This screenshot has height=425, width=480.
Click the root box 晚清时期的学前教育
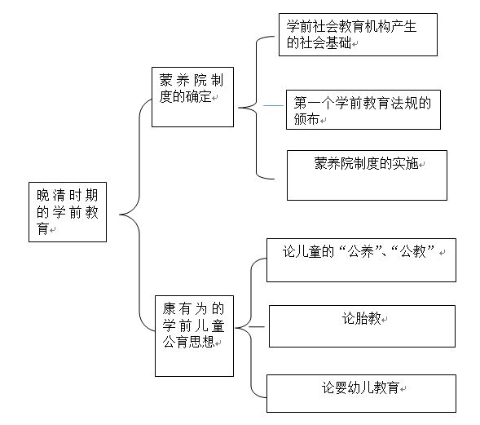pyautogui.click(x=68, y=212)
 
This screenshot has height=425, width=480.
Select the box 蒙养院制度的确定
pyautogui.click(x=192, y=97)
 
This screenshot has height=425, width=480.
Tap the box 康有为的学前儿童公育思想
pyautogui.click(x=194, y=336)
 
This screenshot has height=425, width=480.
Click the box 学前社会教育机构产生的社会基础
pyautogui.click(x=358, y=34)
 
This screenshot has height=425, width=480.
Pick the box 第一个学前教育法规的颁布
pyautogui.click(x=363, y=109)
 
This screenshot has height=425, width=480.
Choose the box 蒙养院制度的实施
pyautogui.click(x=367, y=175)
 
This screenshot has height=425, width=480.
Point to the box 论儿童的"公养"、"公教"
pyautogui.click(x=361, y=260)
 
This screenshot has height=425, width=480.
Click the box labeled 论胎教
pyautogui.click(x=362, y=326)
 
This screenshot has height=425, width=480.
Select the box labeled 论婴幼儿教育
pyautogui.click(x=361, y=393)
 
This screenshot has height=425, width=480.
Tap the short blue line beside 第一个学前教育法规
pyautogui.click(x=273, y=105)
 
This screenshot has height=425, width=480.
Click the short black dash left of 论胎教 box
pyautogui.click(x=257, y=326)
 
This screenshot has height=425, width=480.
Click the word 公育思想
pyautogui.click(x=188, y=342)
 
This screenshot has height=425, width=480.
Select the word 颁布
pyautogui.click(x=306, y=119)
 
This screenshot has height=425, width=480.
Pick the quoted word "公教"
pyautogui.click(x=413, y=251)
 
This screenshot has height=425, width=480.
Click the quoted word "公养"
pyautogui.click(x=361, y=251)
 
